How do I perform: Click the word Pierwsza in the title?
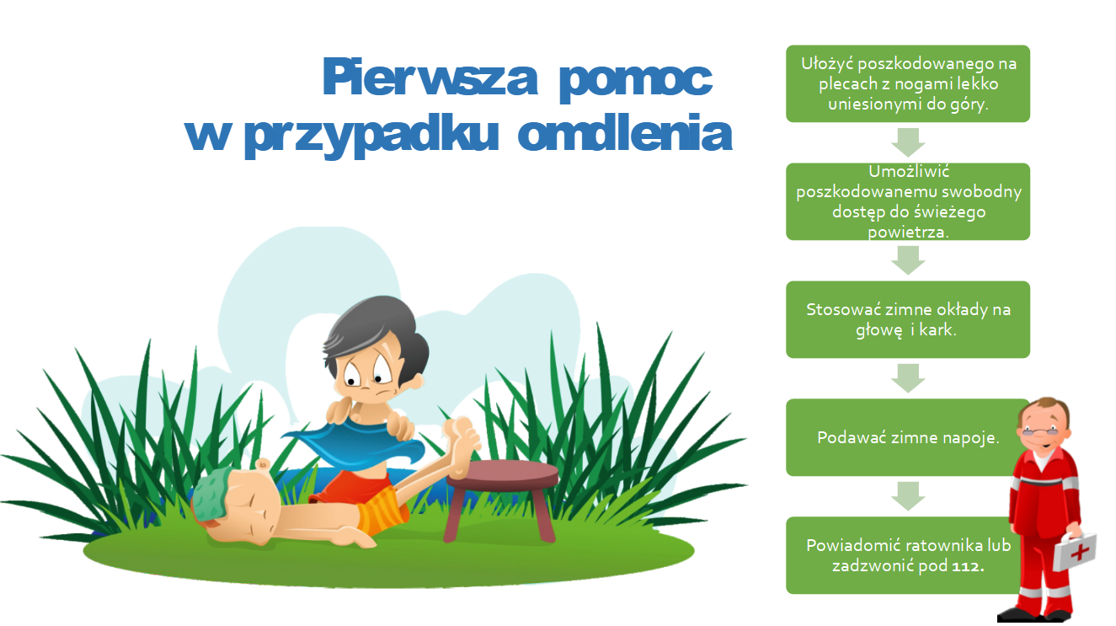click(x=430, y=77)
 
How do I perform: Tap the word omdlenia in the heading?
click(x=625, y=133)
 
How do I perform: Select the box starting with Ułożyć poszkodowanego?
click(x=908, y=83)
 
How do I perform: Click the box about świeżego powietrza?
click(x=908, y=201)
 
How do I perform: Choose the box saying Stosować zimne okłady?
click(x=908, y=319)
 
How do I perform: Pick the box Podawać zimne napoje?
click(x=908, y=437)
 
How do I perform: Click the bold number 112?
click(x=968, y=566)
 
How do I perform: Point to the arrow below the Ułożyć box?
click(x=908, y=142)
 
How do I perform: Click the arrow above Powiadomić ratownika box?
click(x=908, y=496)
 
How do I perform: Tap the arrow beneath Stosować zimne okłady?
click(x=908, y=378)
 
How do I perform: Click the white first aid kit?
click(x=1075, y=552)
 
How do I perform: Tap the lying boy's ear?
click(x=263, y=465)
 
